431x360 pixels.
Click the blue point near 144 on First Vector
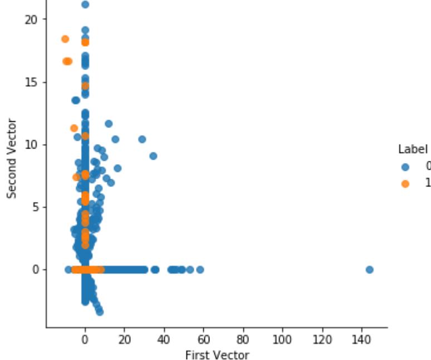tap(369, 269)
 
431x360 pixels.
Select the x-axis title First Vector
tap(217, 355)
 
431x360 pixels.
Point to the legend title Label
tap(413, 150)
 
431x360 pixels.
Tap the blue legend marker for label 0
tap(405, 166)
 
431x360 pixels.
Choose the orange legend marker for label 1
tap(405, 183)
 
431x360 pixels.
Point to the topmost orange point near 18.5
tap(65, 39)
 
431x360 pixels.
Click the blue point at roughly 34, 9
tap(153, 156)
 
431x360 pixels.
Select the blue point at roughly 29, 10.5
tap(142, 139)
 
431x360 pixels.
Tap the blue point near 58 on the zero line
tap(200, 269)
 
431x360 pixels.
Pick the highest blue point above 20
tap(85, 4)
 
